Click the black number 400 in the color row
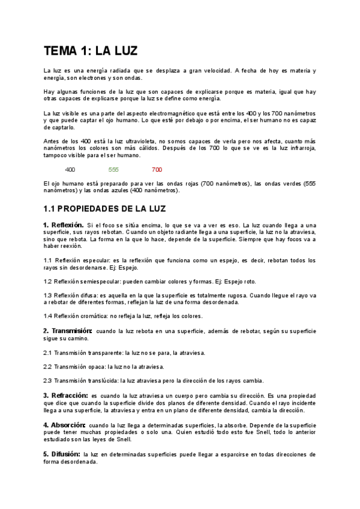point(70,169)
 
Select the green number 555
point(113,169)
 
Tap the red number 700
point(157,169)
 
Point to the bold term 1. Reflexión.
point(63,224)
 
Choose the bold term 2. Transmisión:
point(67,331)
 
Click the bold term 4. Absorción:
point(64,424)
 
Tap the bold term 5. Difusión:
point(62,454)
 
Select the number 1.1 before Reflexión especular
point(47,260)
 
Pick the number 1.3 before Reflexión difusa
point(47,295)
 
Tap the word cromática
point(95,316)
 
